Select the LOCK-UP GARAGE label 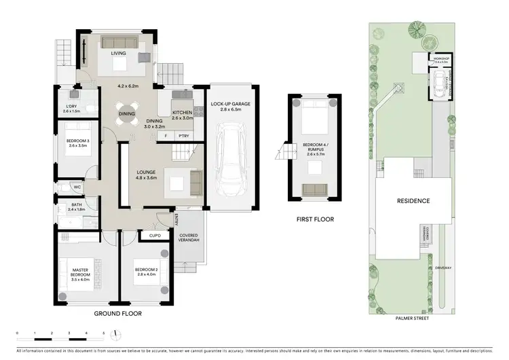(231, 104)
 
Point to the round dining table (127, 114)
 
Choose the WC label (77, 187)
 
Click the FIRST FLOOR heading (314, 219)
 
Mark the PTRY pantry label (183, 136)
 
